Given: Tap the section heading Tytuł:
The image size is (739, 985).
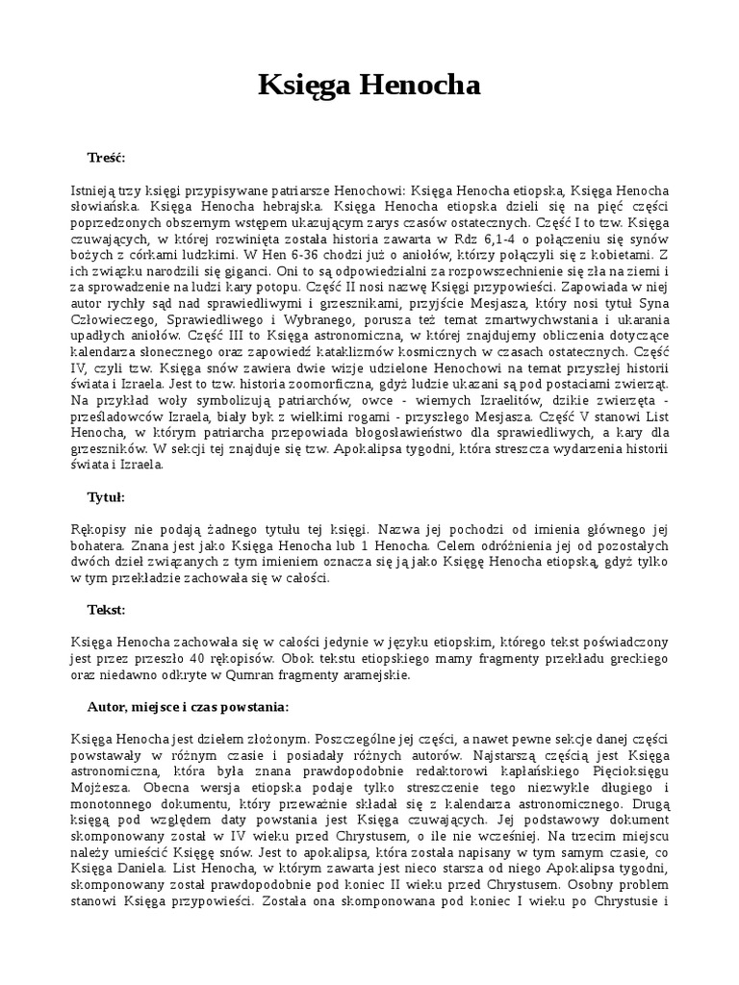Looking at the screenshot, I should pyautogui.click(x=107, y=497).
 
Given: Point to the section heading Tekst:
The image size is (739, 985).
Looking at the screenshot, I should pyautogui.click(x=106, y=609).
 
